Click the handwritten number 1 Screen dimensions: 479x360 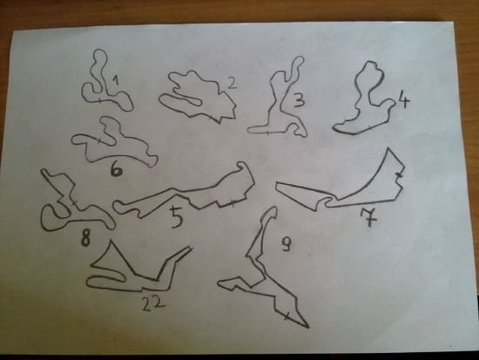tap(115, 81)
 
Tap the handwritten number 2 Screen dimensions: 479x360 tap(233, 83)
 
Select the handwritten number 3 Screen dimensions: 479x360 tap(299, 100)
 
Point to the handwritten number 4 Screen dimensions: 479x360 tap(403, 100)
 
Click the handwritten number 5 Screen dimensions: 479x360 tap(177, 217)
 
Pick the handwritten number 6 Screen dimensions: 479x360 tap(117, 170)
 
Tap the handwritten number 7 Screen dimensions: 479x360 tap(369, 217)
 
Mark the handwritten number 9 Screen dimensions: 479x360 tap(287, 244)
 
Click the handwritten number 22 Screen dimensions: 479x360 tap(153, 303)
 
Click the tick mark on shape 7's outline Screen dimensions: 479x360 tap(399, 174)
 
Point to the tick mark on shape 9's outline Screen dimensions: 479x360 tap(287, 316)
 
